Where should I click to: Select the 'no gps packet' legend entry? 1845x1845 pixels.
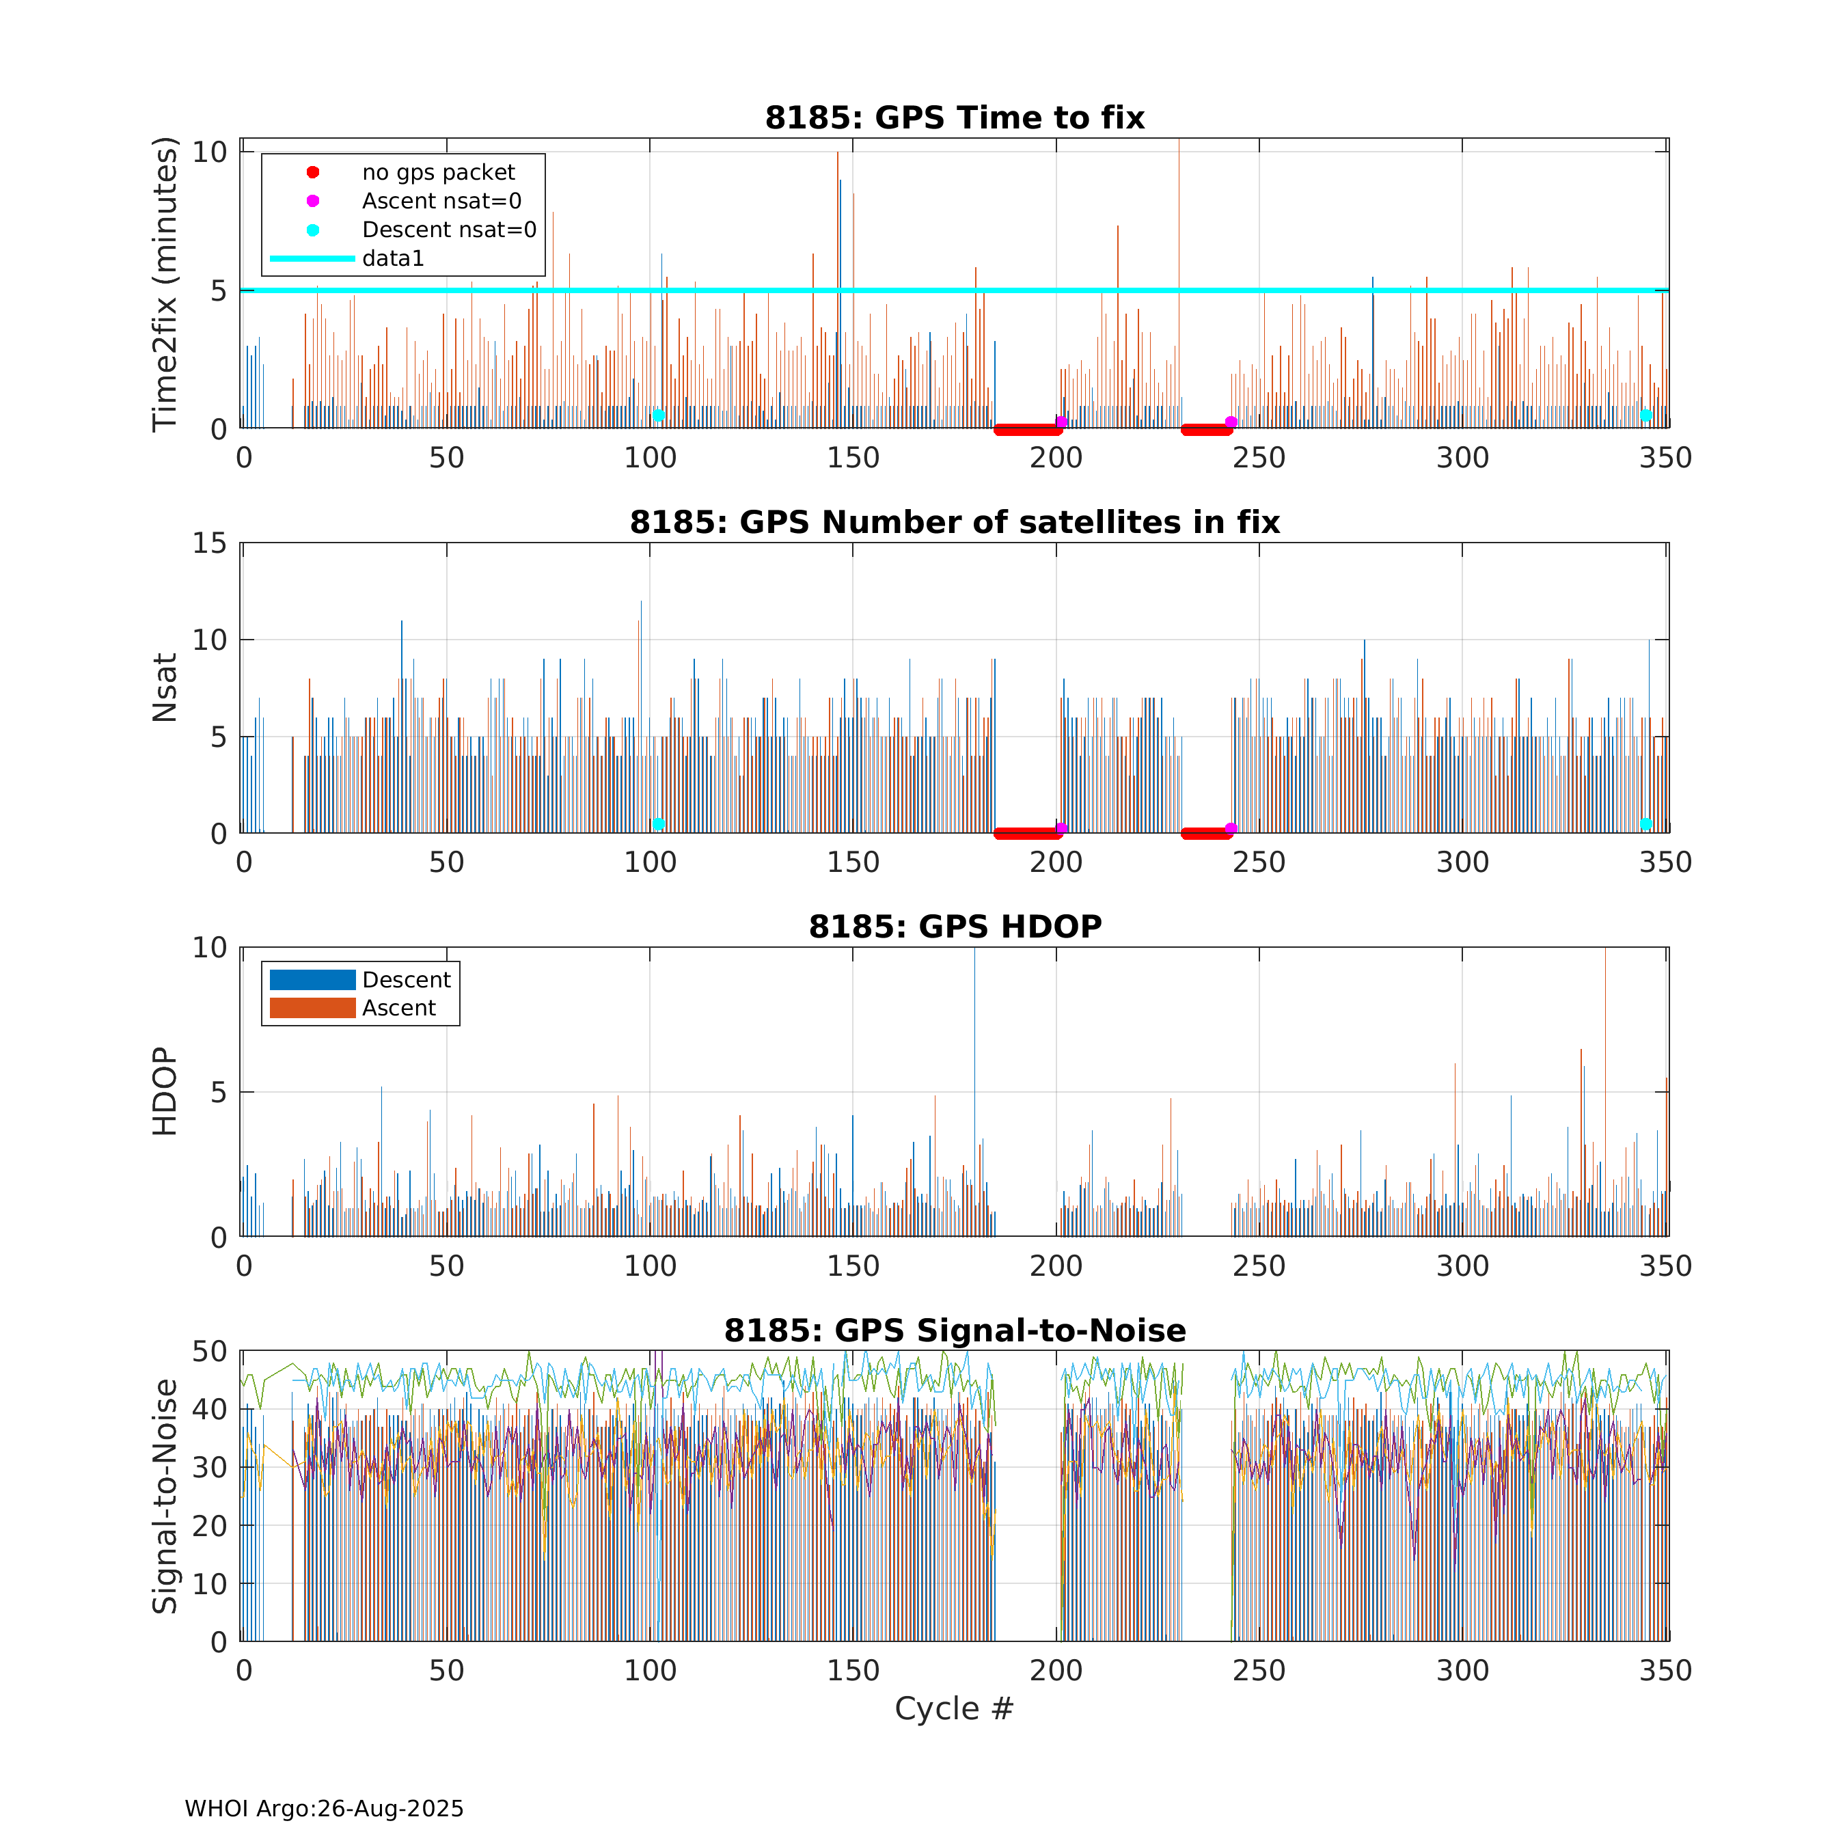437,173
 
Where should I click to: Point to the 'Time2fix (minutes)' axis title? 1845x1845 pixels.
165,284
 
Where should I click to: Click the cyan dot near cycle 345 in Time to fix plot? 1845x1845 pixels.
1645,415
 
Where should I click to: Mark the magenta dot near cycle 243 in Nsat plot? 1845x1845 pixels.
1231,828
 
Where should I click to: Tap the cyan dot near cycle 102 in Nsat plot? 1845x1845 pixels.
658,824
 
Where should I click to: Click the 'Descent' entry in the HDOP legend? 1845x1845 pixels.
406,980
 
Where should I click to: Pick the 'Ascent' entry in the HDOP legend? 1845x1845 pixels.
398,1009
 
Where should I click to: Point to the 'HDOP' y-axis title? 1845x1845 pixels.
165,1091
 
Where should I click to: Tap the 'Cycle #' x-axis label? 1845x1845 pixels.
953,1708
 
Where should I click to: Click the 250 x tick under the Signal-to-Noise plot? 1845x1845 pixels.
1259,1670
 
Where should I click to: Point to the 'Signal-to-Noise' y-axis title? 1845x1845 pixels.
165,1496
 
